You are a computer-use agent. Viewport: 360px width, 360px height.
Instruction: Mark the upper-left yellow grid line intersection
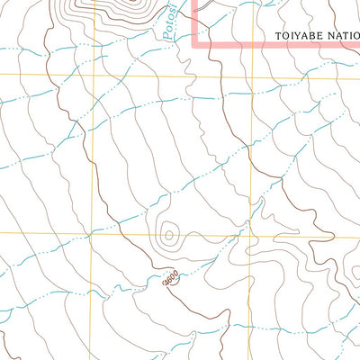pyautogui.click(x=92, y=76)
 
